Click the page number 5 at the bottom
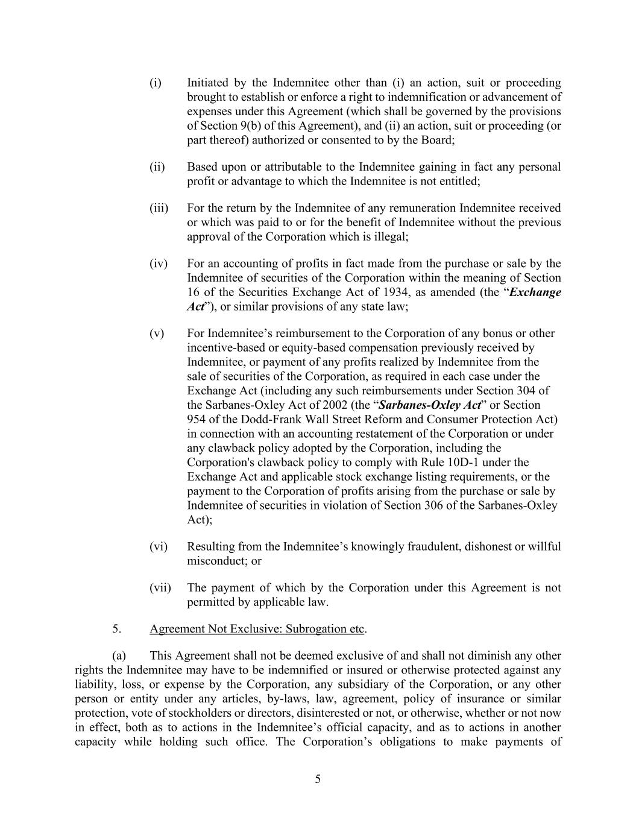[x=318, y=779]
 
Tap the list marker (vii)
[x=160, y=587]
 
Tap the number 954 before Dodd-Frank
[x=197, y=420]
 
